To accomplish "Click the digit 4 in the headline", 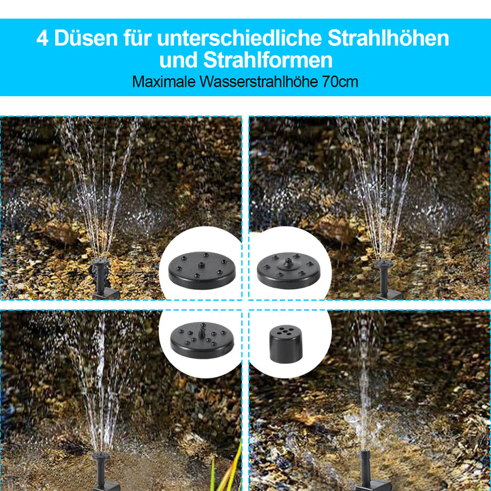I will click(43, 38).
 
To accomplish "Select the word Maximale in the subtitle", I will click(164, 82).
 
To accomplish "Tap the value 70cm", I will click(340, 82).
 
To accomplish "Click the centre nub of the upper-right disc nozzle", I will click(289, 261).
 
